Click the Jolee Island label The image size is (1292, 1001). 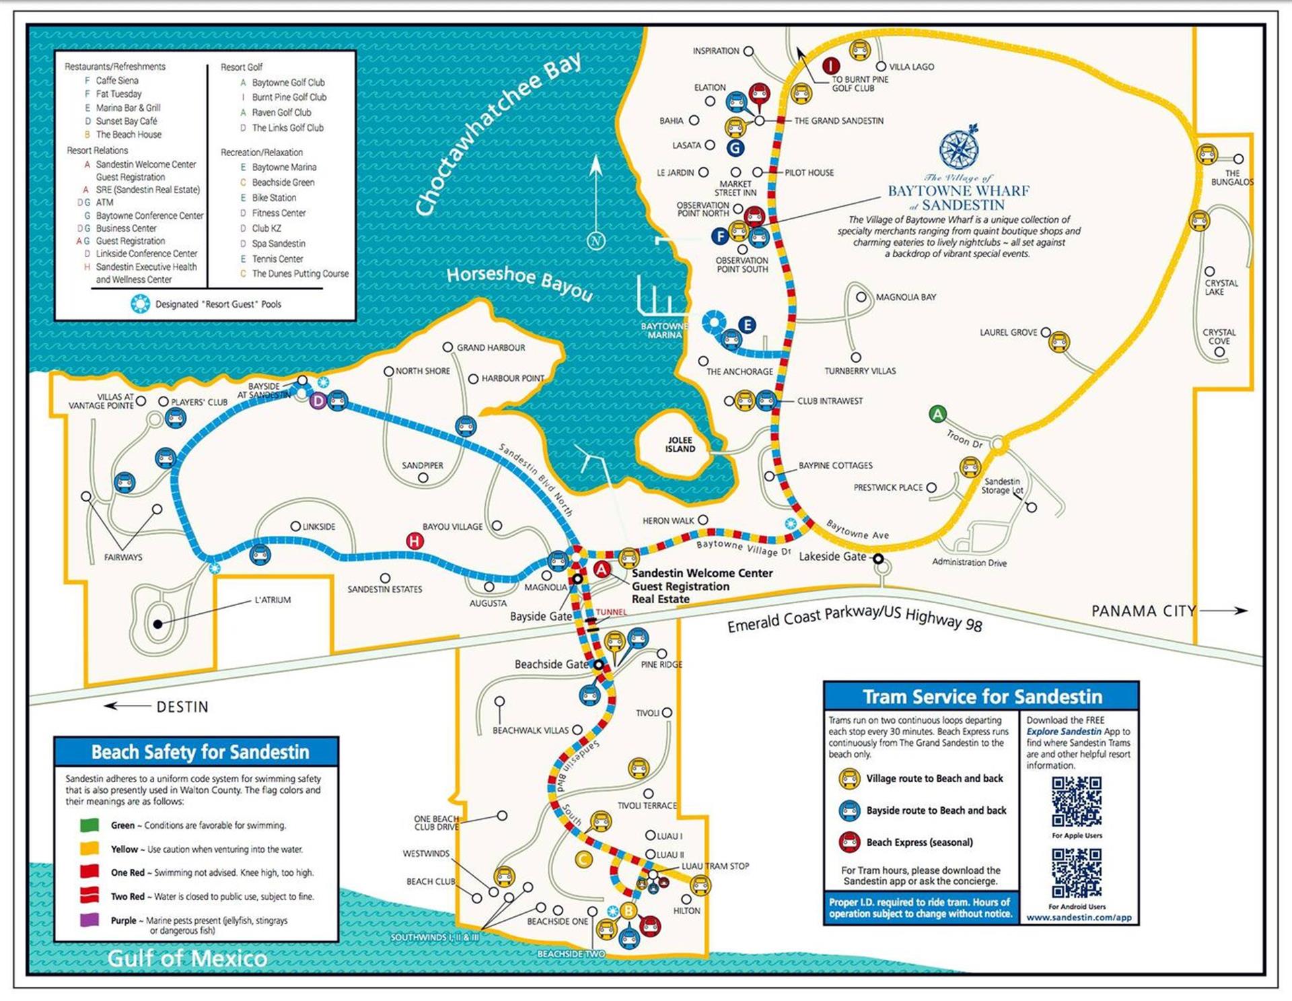pos(680,444)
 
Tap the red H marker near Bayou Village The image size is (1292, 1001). pos(415,541)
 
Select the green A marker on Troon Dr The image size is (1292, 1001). pos(937,414)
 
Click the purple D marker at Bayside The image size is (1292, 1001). pos(318,402)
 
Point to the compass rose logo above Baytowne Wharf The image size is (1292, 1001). pos(958,148)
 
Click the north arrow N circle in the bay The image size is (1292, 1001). pos(596,241)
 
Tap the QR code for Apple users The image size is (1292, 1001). pos(1077,801)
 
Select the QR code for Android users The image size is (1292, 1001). pos(1077,872)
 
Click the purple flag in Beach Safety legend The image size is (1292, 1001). pos(89,920)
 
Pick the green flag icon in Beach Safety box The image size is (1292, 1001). pos(89,825)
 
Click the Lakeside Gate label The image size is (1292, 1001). pos(832,557)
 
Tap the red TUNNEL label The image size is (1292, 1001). pos(611,612)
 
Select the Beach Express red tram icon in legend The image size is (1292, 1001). pos(849,842)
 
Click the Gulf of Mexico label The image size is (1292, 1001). pos(187,958)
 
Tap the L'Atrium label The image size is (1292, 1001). pos(273,600)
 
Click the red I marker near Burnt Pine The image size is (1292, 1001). pos(831,65)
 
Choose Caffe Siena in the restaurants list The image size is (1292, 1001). pos(117,80)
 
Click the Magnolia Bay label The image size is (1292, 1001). pos(905,297)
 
